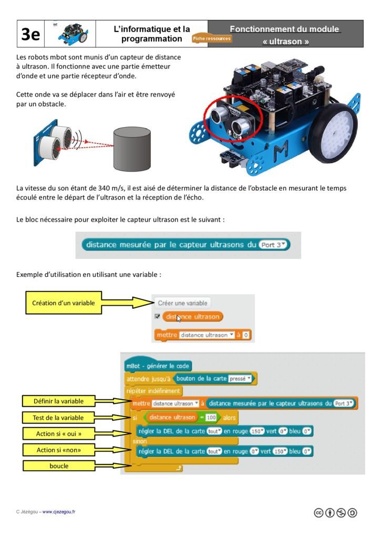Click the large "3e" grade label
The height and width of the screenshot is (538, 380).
tap(30, 34)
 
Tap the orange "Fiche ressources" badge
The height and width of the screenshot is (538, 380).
tap(212, 39)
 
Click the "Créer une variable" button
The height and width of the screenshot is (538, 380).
tap(182, 303)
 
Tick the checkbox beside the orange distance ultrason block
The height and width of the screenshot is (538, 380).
tap(157, 317)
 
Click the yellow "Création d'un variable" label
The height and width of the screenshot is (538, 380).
tap(64, 303)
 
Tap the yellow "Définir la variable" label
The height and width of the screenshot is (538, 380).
tap(58, 401)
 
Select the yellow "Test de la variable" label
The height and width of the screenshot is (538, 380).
tap(58, 418)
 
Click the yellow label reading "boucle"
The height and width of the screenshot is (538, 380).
tap(59, 465)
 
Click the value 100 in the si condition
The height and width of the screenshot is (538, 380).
tap(211, 418)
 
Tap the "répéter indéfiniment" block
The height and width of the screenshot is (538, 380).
tap(153, 391)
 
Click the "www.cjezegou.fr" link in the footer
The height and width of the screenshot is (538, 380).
tap(58, 512)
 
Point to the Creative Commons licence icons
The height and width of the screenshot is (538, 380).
tap(335, 513)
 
